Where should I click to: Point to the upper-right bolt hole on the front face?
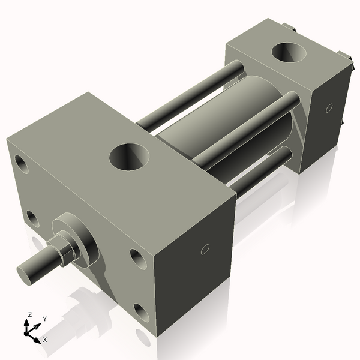pyautogui.click(x=137, y=258)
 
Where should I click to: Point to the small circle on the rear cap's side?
pyautogui.click(x=328, y=108)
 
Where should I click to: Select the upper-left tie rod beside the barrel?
pyautogui.click(x=186, y=96)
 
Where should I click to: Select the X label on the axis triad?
pyautogui.click(x=45, y=340)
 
